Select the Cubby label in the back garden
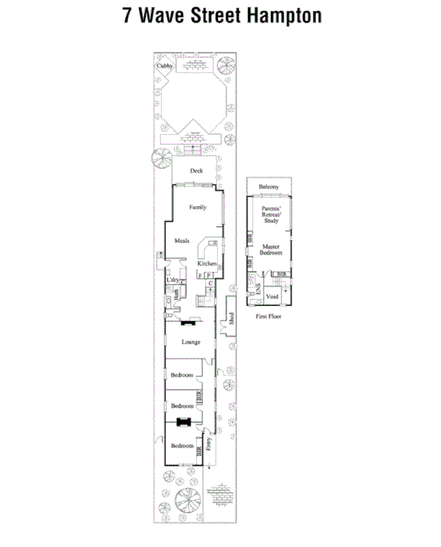coord(163,65)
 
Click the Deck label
coord(196,171)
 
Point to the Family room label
coord(197,206)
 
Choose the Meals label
coord(182,241)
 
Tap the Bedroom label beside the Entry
coord(182,446)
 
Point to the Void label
coord(272,297)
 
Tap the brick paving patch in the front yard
coord(220,497)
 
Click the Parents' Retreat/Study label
coord(271,214)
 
